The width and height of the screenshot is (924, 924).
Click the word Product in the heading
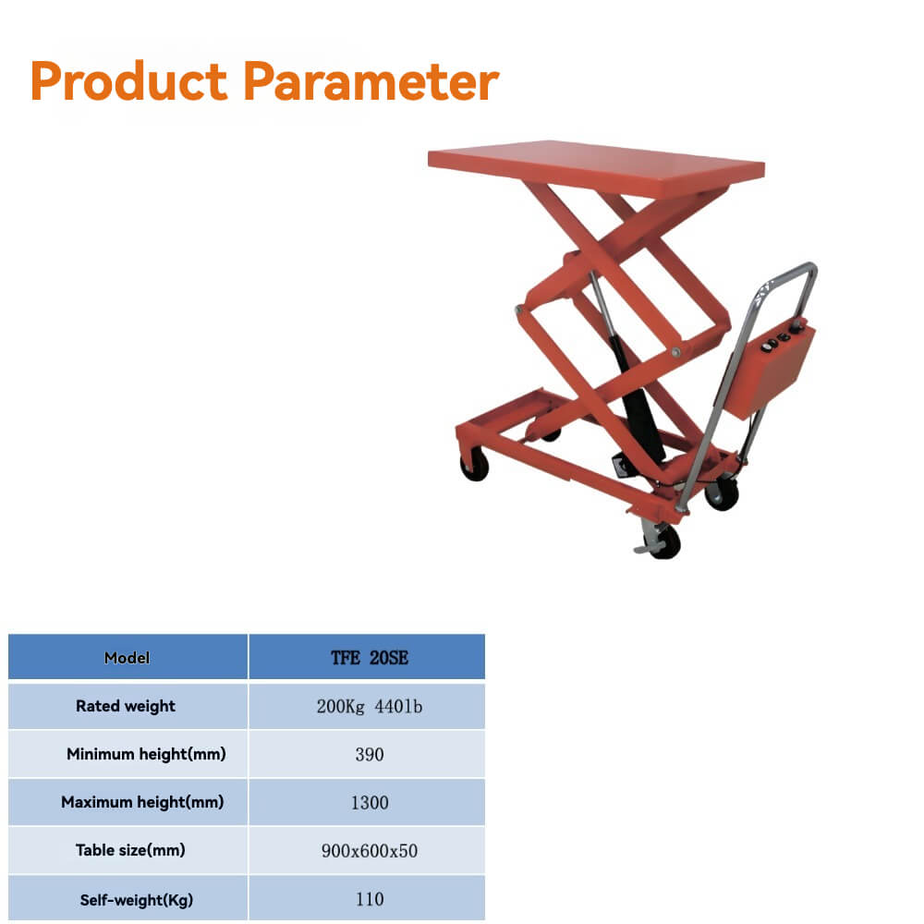point(128,81)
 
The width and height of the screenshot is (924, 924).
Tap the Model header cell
point(128,658)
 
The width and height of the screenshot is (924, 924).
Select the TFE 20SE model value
point(369,658)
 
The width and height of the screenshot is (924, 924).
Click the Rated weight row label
point(126,706)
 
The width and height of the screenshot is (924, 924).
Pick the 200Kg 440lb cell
point(369,707)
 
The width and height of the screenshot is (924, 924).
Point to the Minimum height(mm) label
point(146,754)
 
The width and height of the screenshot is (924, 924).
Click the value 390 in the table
point(369,755)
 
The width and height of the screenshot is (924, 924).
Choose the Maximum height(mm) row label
point(142,802)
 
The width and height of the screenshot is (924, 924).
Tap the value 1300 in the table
point(369,803)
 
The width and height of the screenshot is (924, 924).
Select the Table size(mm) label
point(130,850)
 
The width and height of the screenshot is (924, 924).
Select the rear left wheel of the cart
point(474,465)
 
